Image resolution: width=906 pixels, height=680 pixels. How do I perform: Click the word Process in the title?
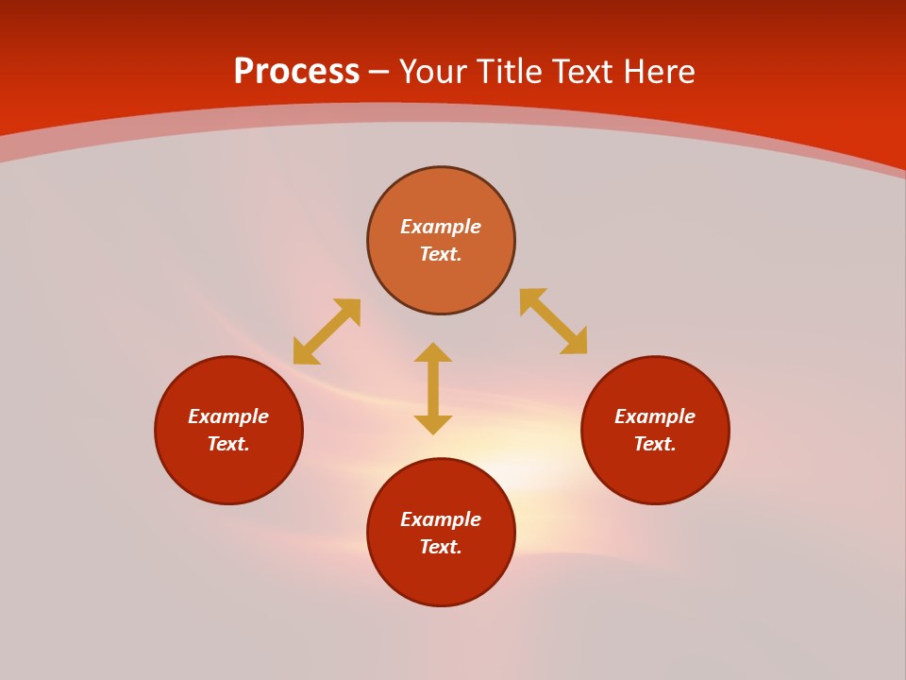click(296, 72)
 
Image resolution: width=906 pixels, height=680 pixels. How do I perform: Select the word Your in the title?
click(434, 72)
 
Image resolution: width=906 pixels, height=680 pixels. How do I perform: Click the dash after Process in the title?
click(379, 73)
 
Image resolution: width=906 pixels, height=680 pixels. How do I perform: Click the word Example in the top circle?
click(441, 227)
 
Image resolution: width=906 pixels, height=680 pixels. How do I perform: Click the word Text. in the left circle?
click(228, 444)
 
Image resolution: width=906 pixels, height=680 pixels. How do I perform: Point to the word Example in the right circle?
click(655, 416)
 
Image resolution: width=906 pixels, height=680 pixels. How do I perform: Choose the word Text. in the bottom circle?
click(441, 547)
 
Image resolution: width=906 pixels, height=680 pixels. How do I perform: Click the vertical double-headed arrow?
click(433, 388)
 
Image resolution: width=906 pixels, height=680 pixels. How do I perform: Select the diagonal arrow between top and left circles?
click(327, 331)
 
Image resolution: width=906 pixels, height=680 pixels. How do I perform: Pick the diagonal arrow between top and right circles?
click(553, 321)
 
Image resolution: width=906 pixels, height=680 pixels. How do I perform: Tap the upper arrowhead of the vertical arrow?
click(433, 352)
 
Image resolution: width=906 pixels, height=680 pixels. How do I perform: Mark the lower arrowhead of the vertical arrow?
click(433, 424)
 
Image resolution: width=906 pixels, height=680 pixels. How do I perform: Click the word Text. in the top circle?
click(441, 254)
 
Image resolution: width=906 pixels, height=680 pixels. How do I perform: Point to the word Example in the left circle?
click(228, 416)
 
